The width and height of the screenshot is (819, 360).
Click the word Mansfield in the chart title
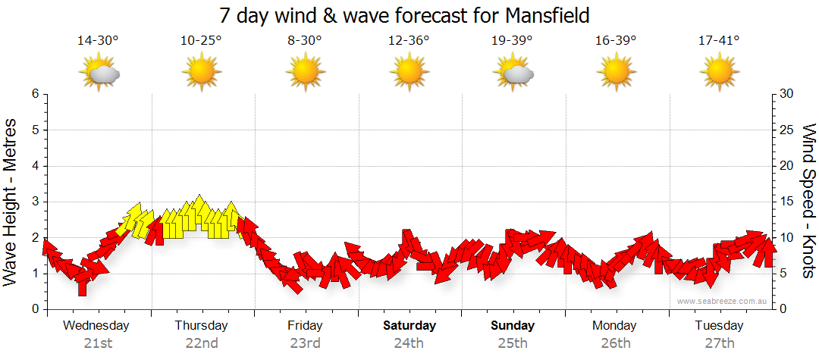[x=541, y=14]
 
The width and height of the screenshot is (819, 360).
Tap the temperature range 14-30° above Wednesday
[x=98, y=40]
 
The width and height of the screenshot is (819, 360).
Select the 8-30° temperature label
[x=305, y=40]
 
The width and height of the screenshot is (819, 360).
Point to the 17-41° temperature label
[x=719, y=40]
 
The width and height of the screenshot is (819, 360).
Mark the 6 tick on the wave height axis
[x=34, y=94]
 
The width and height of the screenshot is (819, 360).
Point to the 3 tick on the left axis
[x=34, y=202]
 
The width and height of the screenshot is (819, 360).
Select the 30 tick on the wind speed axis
[x=786, y=94]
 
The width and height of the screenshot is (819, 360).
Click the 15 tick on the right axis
[x=786, y=202]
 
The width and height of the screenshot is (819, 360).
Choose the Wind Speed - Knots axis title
[x=808, y=201]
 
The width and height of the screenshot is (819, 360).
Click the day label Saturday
[x=409, y=326]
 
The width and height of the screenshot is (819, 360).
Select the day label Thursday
[x=201, y=326]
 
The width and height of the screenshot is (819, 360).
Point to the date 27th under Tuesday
[x=719, y=343]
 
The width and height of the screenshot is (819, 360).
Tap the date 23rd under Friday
[x=305, y=343]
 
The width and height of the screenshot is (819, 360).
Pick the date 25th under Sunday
[x=513, y=343]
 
